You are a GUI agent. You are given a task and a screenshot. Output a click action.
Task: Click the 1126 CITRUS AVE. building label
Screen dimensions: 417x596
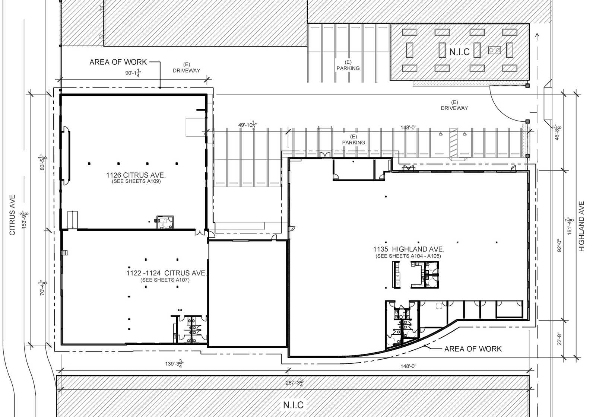136,175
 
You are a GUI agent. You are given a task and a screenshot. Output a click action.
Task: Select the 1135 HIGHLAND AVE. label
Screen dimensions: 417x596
409,249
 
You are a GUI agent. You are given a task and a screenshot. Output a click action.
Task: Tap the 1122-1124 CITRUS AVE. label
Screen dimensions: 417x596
166,273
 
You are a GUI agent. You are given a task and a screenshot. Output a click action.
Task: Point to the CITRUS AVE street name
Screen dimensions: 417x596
12,215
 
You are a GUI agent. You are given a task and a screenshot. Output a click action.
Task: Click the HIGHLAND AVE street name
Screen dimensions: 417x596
581,226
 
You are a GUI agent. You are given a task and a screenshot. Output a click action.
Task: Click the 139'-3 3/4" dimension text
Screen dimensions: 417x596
174,363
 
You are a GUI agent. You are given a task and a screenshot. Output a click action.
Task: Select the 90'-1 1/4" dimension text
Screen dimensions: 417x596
133,73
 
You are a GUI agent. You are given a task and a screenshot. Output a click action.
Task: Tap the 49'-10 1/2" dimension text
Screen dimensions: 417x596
247,124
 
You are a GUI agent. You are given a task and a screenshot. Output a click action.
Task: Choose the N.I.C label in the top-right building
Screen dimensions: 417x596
459,52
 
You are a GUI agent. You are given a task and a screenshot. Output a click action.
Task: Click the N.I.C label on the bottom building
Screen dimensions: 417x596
293,405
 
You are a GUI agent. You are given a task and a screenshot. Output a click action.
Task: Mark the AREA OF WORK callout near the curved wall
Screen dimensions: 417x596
473,349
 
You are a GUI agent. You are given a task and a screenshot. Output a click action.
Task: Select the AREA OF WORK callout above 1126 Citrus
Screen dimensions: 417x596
118,62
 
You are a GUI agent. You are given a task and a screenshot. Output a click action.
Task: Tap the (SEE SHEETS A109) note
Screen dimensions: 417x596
136,182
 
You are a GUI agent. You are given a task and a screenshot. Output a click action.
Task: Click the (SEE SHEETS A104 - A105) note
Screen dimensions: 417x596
408,256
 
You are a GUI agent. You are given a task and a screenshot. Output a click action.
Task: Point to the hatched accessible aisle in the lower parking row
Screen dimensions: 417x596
453,143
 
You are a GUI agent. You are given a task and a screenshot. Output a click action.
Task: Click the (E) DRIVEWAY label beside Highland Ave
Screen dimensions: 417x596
454,105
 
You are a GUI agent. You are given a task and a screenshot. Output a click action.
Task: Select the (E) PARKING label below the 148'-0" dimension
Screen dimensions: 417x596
354,140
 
